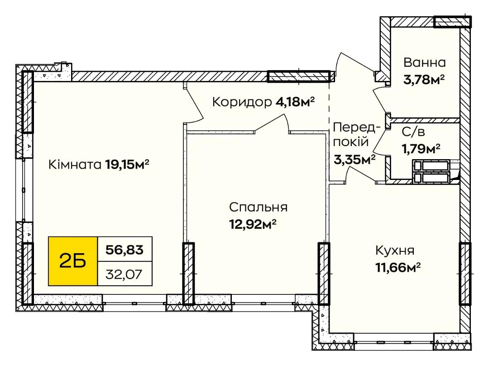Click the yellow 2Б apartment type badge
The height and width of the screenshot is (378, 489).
pos(73,261)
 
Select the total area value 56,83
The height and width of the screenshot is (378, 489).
pos(125,250)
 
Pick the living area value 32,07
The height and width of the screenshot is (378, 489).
pos(124,274)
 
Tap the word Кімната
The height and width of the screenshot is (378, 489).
pos(75,165)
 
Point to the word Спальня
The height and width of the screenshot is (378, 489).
pos(258,208)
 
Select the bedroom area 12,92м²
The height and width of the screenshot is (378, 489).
pos(253,223)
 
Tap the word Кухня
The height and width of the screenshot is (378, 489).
pos(394,250)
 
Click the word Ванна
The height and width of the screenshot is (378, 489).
pos(424,62)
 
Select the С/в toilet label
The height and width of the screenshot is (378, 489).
pos(413,132)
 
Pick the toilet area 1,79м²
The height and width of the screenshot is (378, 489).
pos(421,149)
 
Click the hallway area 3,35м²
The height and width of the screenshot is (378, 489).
pos(354,160)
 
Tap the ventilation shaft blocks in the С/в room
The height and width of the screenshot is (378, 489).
pos(431,171)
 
